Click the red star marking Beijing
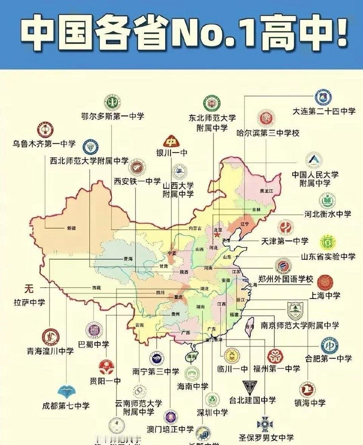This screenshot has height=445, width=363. pos(217,235)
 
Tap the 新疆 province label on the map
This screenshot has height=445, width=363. pos(71,228)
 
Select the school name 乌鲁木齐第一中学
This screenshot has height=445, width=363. pos(44,144)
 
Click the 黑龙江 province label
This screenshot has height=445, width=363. pos(266,191)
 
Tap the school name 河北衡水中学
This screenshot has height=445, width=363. pos(328,214)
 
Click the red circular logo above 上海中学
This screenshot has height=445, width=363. pos(324,283)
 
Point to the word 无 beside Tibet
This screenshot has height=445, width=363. pos(29,289)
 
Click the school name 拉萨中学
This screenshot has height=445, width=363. pos(29,302)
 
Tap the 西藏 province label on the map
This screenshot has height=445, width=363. pos(96,288)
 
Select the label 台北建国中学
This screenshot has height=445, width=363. pos(252,400)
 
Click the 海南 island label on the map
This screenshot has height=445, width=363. pos(192,356)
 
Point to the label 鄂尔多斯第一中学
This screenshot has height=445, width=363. pos(113,116)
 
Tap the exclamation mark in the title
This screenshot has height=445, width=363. pos(341,34)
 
